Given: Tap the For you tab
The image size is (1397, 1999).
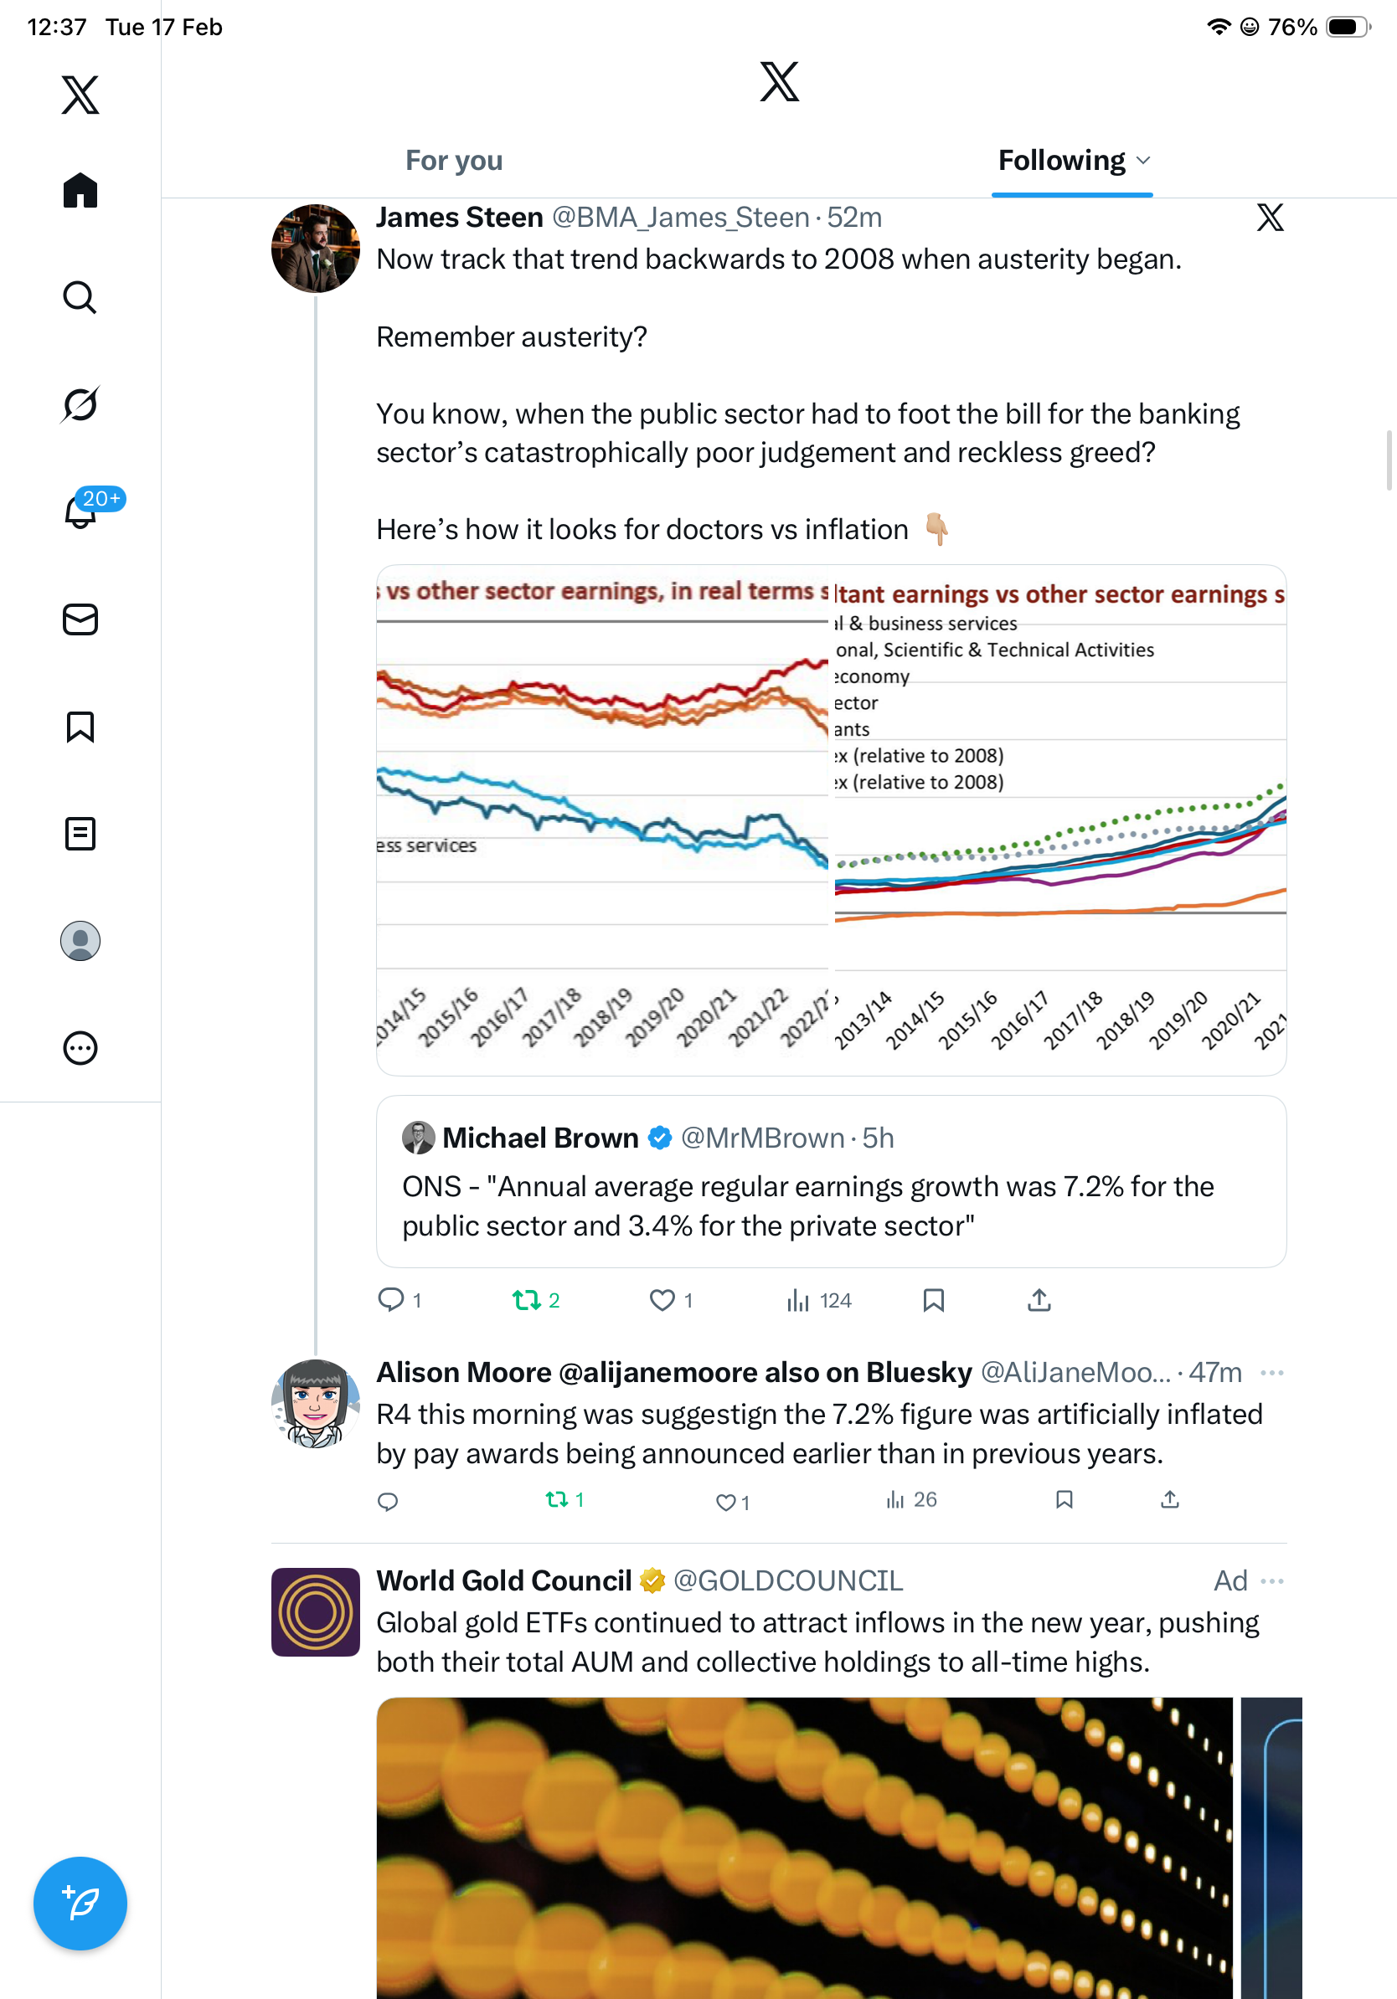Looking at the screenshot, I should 454,161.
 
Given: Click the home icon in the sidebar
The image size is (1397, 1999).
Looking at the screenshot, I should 80,190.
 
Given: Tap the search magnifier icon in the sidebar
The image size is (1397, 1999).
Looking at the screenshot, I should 80,298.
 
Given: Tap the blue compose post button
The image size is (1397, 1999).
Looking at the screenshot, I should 80,1903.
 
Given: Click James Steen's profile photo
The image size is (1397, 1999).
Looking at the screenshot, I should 315,248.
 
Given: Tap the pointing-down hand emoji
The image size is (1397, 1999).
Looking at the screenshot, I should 936,528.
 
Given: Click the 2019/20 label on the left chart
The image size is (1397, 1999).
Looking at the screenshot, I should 655,1017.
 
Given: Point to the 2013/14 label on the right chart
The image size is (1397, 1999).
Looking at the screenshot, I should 863,1020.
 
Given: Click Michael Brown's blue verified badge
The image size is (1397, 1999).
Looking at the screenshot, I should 660,1138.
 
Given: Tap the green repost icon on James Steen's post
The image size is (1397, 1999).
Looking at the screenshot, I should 526,1300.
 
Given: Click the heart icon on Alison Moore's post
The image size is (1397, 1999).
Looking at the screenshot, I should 724,1502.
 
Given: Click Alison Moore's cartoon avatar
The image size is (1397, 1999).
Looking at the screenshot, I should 315,1404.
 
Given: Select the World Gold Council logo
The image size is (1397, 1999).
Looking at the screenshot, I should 315,1611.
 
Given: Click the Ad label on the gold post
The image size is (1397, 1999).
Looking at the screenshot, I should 1229,1580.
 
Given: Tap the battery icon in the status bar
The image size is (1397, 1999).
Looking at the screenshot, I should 1347,27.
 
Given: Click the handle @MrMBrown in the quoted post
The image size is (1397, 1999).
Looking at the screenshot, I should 762,1138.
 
